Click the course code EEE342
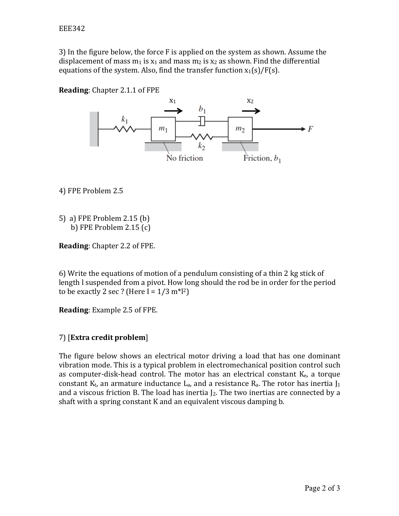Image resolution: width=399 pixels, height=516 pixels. [x=72, y=29]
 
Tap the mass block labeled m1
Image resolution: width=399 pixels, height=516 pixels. [x=163, y=129]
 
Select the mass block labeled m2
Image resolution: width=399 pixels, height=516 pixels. [x=240, y=129]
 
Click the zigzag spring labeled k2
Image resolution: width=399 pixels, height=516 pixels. [x=202, y=137]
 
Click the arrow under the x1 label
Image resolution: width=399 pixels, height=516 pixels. [x=173, y=111]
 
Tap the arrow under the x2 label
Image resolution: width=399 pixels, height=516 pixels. [x=251, y=111]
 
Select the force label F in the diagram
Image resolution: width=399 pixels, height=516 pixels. [x=310, y=129]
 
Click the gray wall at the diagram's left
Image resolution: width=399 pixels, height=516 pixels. [x=94, y=129]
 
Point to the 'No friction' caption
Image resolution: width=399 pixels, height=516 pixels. [x=184, y=158]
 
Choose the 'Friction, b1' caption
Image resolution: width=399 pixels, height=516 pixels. [x=262, y=159]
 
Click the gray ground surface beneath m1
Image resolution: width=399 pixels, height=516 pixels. [x=163, y=147]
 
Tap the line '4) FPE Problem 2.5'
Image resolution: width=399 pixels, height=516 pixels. [x=91, y=191]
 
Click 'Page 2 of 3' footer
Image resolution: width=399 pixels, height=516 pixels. [x=322, y=488]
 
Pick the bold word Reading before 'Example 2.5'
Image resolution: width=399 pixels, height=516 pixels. [x=74, y=310]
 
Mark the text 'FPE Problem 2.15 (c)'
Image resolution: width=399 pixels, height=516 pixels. [x=115, y=227]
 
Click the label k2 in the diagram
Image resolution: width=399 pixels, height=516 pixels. [x=201, y=146]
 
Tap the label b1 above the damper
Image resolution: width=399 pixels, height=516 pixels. [x=202, y=109]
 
